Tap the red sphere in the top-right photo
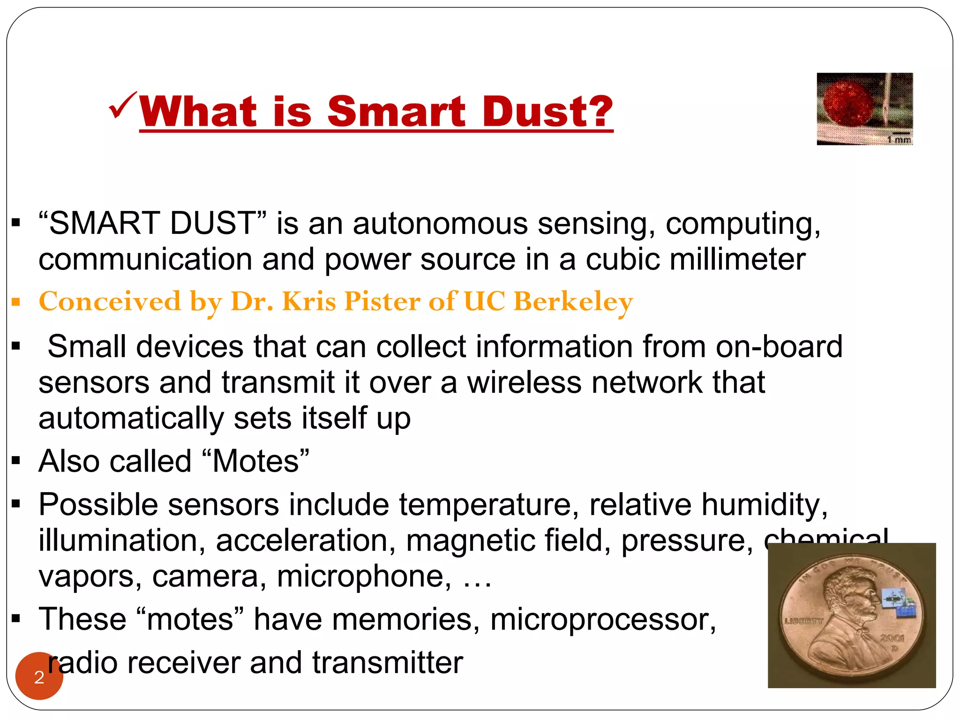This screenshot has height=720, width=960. [x=849, y=104]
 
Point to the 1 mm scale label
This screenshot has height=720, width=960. [x=899, y=139]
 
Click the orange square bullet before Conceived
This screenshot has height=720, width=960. [x=16, y=302]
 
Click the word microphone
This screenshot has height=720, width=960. [x=364, y=577]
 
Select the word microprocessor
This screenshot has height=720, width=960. [x=603, y=620]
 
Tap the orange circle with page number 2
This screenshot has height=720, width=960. [x=39, y=676]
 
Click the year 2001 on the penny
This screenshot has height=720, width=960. [x=892, y=638]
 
